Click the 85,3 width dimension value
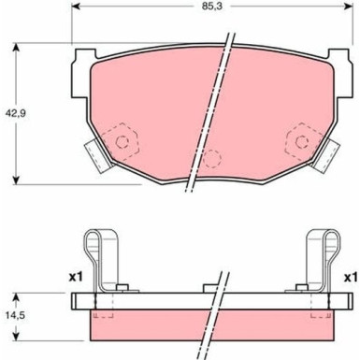tap(211, 7)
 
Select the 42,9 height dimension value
tap(15, 113)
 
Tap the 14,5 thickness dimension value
tap(15, 315)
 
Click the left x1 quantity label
tap(76, 277)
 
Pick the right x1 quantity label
tap(351, 277)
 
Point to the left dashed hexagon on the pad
tap(121, 141)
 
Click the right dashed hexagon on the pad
tap(302, 141)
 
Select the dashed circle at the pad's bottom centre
tap(212, 159)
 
